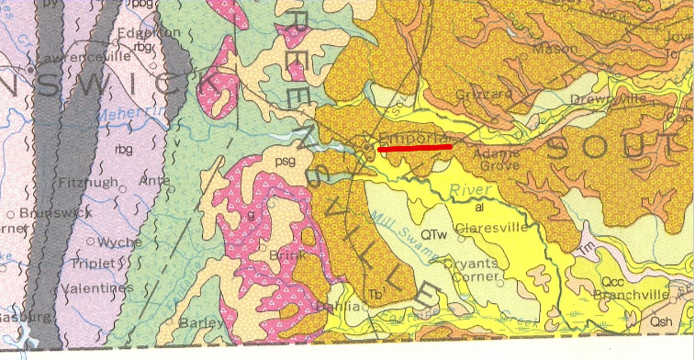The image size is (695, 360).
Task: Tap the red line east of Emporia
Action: point(415,147)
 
